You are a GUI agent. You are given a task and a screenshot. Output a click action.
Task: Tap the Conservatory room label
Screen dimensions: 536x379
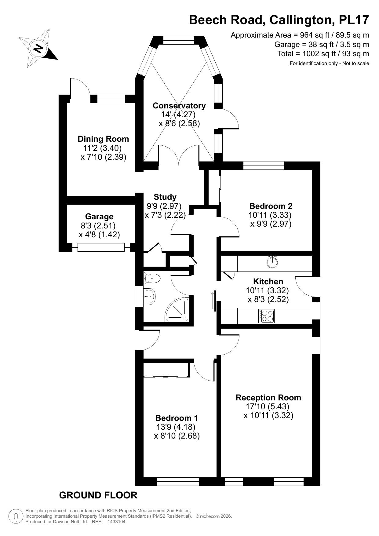pos(179,106)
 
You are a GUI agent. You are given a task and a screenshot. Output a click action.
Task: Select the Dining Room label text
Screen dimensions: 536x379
pos(103,139)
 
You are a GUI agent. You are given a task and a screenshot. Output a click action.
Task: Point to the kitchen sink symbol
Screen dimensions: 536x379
pos(272,262)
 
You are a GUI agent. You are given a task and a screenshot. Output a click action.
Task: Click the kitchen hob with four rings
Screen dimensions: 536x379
pos(267,316)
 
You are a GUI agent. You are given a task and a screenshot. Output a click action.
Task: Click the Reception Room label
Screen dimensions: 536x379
pos(268,398)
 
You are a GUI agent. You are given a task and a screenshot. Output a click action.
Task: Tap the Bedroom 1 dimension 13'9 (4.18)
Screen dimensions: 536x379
pos(176,427)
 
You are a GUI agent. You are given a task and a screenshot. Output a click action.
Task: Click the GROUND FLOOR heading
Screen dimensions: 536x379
pos(98,495)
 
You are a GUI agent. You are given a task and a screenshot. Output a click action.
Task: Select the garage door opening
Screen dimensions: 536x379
pos(101,247)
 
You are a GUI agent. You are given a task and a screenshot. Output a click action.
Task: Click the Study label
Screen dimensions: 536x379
pos(165,197)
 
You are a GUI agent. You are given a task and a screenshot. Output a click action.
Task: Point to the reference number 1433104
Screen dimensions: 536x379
pos(117,522)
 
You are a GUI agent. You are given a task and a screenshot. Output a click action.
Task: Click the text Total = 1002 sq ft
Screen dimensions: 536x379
pos(323,54)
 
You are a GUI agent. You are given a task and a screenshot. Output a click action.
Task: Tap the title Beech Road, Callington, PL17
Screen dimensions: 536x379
pos(279,20)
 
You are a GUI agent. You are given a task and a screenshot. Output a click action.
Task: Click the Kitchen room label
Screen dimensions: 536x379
pos(268,281)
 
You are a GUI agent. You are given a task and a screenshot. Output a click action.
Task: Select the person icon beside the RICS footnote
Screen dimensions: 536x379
pos(15,516)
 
